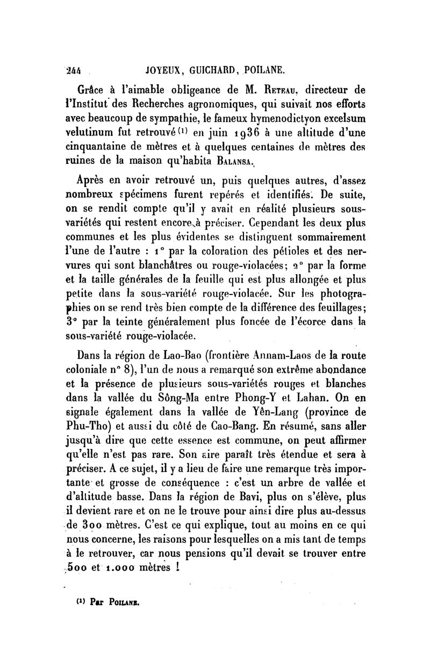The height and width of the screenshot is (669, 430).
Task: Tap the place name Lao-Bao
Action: coord(160,356)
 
